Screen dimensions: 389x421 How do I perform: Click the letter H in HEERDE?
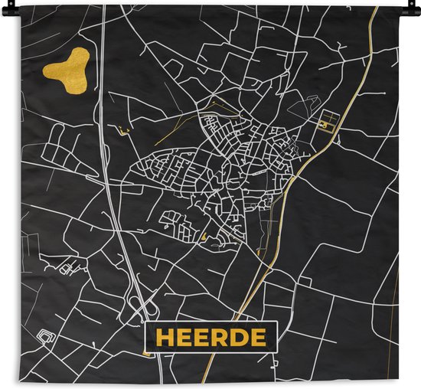point(164,338)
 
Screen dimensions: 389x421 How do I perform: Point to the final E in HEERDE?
point(259,338)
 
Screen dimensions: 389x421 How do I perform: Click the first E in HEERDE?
point(184,338)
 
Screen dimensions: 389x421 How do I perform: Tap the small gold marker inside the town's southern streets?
point(204,236)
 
